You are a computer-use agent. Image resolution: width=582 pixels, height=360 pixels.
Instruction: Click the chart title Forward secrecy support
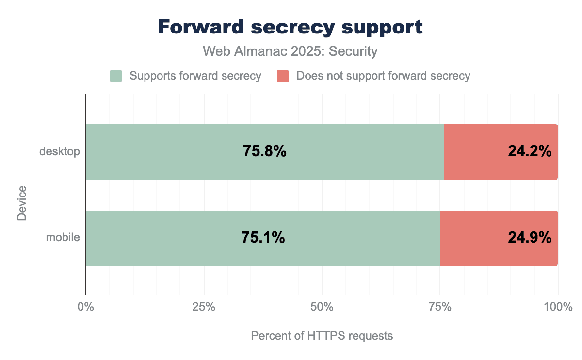coord(291,28)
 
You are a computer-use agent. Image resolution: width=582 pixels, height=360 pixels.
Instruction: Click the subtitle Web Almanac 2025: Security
coord(291,51)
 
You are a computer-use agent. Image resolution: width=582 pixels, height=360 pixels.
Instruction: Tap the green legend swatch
coord(116,76)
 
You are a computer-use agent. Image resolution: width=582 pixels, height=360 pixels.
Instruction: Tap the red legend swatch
coord(283,76)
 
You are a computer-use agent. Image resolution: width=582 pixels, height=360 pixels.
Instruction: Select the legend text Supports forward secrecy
coord(196,76)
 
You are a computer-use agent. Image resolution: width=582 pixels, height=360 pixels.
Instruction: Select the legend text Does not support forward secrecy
coord(383,76)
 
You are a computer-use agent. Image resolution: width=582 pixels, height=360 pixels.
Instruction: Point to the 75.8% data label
coord(265,152)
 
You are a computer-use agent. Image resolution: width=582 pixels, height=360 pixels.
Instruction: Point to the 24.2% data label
coord(530,152)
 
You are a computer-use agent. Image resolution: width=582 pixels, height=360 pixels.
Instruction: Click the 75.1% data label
coord(263,238)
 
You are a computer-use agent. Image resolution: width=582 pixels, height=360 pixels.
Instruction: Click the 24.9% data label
coord(530,238)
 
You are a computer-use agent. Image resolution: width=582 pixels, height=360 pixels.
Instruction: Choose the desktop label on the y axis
coord(59,152)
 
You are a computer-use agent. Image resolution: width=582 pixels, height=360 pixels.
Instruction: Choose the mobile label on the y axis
coord(63,238)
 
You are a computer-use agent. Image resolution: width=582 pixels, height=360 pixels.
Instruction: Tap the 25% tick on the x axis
coord(204,307)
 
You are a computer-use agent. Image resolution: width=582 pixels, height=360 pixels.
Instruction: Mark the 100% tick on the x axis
coord(558,307)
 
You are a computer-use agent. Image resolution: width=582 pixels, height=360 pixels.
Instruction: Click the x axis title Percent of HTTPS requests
coord(322,336)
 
